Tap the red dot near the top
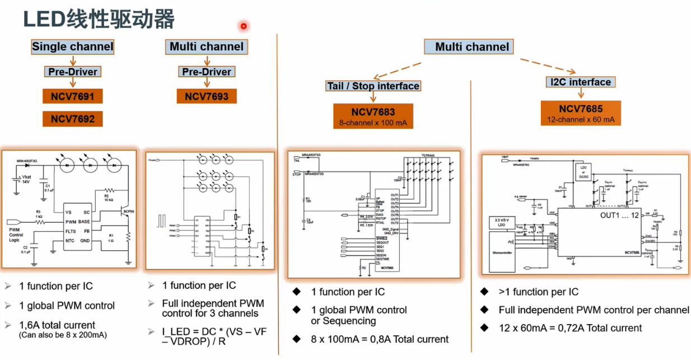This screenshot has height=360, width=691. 244,26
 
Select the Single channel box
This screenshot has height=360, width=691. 73,47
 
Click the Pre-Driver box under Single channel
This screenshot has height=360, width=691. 72,72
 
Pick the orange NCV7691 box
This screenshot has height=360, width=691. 73,96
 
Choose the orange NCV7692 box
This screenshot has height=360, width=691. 73,119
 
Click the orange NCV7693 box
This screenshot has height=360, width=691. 207,96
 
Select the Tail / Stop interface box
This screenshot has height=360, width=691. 372,86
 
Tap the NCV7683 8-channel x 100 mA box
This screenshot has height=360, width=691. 373,115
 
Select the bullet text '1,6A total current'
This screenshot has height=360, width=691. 57,325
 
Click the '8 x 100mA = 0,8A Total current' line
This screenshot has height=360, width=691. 380,339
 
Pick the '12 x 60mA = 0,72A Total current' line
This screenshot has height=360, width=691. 570,328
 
